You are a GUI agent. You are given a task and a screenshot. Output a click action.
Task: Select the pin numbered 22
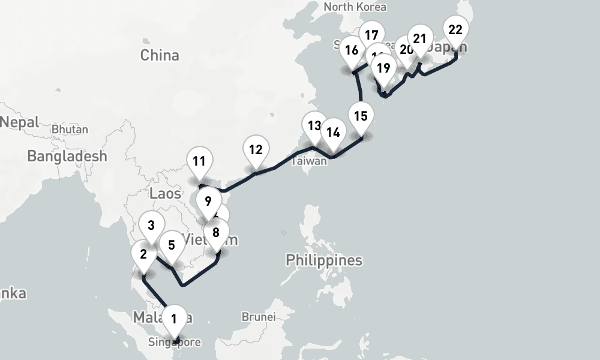pos(455,30)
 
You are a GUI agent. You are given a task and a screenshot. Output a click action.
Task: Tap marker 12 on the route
pos(256,149)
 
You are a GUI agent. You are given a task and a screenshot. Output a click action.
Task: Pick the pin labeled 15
pos(361,116)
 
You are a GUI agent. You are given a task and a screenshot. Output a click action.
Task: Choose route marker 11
pos(199,161)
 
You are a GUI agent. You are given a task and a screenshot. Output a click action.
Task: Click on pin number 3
pos(151,226)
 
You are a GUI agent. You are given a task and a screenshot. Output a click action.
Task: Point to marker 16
pos(352,50)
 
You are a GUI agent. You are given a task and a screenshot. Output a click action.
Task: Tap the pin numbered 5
pos(172,245)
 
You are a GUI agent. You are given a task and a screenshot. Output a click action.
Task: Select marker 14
pos(333,133)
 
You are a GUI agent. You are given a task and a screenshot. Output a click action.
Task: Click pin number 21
pos(419,40)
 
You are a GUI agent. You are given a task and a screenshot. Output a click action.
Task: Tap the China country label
pos(160,55)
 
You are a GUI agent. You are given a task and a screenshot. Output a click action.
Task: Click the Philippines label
pos(324,260)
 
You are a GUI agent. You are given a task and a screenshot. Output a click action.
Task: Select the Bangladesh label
pos(67,156)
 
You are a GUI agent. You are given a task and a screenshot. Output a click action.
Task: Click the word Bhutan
pos(70,129)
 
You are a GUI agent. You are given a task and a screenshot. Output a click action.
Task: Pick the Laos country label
pos(165,193)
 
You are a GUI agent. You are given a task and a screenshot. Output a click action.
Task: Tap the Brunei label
pos(258,316)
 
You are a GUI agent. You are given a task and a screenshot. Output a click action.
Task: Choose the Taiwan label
pos(310,161)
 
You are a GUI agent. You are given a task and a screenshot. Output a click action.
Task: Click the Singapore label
pos(174,343)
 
